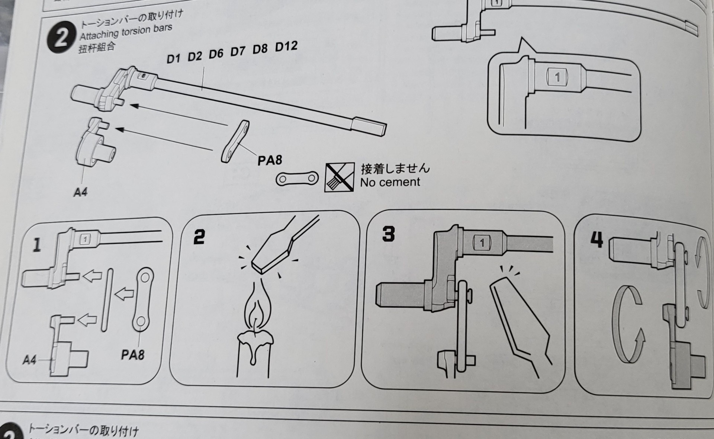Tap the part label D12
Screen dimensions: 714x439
(x=286, y=47)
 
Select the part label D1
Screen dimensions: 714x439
(x=173, y=59)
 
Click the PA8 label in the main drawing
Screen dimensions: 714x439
(x=270, y=160)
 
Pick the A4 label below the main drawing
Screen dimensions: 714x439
(x=80, y=192)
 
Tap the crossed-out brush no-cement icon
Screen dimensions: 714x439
(x=339, y=177)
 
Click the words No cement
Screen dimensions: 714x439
(x=390, y=182)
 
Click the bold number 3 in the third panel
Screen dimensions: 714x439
(x=388, y=234)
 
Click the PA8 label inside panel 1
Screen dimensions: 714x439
(x=132, y=355)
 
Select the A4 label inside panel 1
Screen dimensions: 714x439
(x=29, y=360)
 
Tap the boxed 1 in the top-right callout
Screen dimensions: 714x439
(x=557, y=77)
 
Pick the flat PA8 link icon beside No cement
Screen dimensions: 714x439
(x=297, y=179)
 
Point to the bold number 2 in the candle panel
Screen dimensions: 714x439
(x=199, y=237)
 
